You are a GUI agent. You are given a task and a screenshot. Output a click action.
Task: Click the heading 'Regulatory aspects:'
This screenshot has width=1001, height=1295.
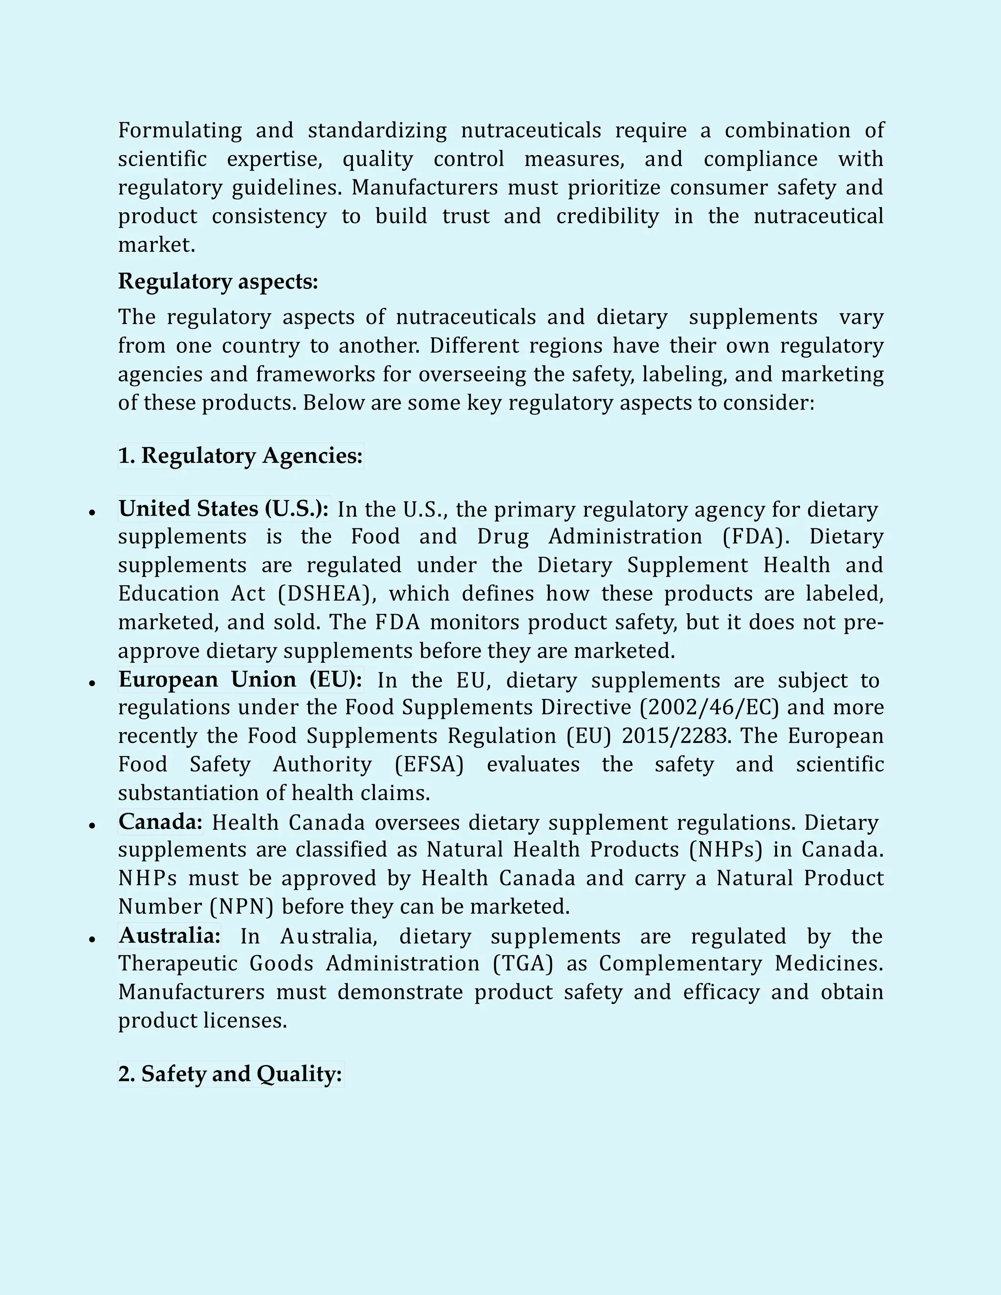coord(218,281)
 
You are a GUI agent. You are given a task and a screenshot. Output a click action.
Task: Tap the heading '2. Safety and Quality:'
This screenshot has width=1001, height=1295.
coord(230,1074)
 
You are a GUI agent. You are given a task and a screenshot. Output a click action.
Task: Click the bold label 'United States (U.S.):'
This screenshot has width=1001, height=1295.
coord(223,509)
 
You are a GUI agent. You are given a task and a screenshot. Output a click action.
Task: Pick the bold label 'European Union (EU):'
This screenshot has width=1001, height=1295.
coord(240,680)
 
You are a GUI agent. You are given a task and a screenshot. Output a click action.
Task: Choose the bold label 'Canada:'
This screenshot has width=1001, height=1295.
coord(160,822)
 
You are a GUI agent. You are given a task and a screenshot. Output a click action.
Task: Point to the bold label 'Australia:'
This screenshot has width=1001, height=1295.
coord(169,936)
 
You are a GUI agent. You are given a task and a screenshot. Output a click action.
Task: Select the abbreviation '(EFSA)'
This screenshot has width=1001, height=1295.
coord(429,764)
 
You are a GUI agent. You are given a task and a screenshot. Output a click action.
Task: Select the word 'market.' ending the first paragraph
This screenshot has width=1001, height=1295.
coord(156,245)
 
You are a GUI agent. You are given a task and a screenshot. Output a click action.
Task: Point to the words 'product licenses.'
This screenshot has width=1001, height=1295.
coord(202,1020)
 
